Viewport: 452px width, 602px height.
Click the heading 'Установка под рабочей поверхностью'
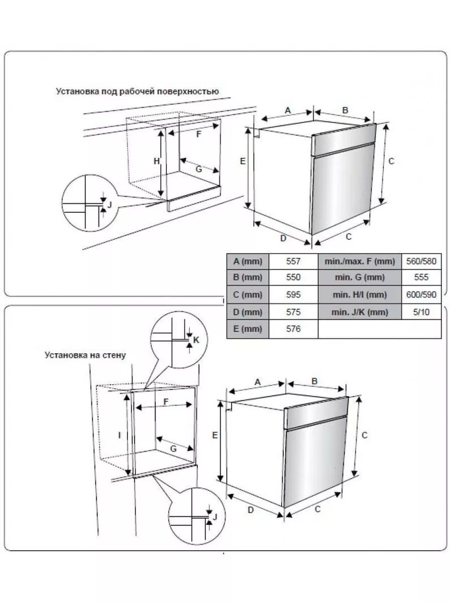click(137, 91)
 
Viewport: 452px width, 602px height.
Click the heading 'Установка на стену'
click(85, 355)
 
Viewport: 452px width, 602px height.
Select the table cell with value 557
click(293, 261)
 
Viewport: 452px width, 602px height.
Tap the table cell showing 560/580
click(421, 261)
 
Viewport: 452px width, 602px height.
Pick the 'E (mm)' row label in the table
click(248, 329)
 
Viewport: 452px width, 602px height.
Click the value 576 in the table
click(293, 329)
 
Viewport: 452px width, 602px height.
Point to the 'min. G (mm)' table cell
click(360, 277)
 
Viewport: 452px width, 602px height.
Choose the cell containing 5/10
click(421, 312)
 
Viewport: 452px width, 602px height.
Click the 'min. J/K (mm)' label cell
click(360, 312)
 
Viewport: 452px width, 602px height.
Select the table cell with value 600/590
click(421, 294)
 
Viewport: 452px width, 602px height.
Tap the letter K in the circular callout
click(196, 340)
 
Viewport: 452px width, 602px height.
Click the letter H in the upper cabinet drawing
click(157, 161)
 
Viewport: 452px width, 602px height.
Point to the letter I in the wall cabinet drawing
click(120, 435)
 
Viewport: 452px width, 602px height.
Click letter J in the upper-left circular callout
click(109, 205)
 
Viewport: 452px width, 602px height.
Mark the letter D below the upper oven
click(283, 238)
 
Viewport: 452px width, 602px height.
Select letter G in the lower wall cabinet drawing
click(173, 449)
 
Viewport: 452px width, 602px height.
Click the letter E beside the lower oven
click(214, 436)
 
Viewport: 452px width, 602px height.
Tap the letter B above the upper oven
click(346, 110)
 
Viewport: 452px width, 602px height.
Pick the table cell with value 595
click(293, 294)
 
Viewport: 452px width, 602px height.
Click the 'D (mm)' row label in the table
click(248, 312)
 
